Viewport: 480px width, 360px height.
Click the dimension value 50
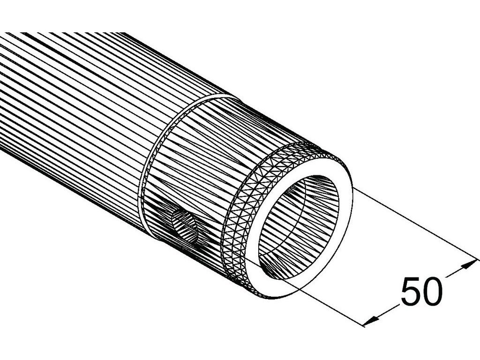click(x=422, y=291)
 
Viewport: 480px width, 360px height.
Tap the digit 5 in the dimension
click(x=411, y=291)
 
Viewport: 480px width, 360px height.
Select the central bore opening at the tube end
click(x=299, y=227)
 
